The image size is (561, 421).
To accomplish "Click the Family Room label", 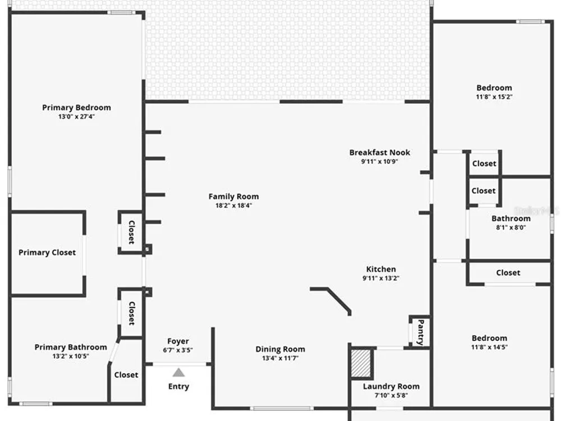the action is click(x=233, y=196).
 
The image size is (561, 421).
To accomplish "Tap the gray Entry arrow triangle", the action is click(x=178, y=373).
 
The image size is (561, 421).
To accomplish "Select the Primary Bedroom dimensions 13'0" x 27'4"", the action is click(x=76, y=116).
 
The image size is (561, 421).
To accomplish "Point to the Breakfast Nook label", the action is click(x=380, y=153).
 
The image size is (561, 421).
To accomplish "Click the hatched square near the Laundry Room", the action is click(x=361, y=363).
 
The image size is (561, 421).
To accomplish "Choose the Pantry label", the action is click(x=421, y=332).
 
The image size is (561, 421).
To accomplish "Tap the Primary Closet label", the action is click(x=47, y=253).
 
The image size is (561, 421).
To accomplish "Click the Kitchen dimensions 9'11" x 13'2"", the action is click(x=381, y=278).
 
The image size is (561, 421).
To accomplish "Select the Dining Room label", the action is click(x=280, y=349).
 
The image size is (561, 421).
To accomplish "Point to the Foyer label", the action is click(x=178, y=341).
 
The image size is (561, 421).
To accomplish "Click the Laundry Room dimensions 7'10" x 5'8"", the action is click(x=391, y=395).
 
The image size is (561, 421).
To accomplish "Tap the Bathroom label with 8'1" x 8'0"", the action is click(x=511, y=218).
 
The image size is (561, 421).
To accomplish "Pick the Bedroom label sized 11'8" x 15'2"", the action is click(x=494, y=88).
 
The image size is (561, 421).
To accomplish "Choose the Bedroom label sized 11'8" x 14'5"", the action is click(x=489, y=338).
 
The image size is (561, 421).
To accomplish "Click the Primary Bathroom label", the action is click(x=71, y=347).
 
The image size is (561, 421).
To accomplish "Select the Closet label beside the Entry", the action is click(x=126, y=375).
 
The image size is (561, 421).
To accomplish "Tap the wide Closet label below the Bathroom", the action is click(x=508, y=273).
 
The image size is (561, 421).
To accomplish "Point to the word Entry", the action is click(x=178, y=387).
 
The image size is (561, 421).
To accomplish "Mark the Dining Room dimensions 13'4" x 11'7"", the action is click(x=280, y=358).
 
